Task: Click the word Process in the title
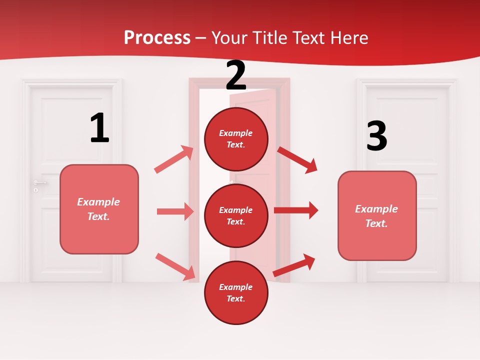pos(157,37)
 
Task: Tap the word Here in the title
pos(348,37)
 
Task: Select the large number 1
pos(99,128)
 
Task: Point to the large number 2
pos(236,75)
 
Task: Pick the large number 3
pos(376,136)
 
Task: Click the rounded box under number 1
pos(99,209)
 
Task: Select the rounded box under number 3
pos(377,215)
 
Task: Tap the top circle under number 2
pos(236,139)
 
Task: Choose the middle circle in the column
pos(236,215)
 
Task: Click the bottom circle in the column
pos(236,292)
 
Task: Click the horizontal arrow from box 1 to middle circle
pos(175,211)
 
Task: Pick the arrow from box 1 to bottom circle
pos(175,266)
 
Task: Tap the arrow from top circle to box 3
pos(297,159)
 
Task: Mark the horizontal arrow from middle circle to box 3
pos(296,210)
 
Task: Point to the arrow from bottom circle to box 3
pos(294,265)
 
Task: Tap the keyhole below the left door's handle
pos(35,190)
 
